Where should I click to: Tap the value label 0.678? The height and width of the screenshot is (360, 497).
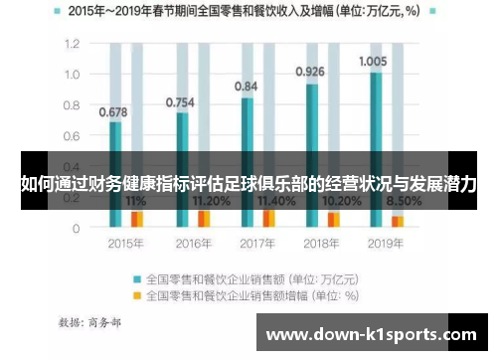tap(113, 110)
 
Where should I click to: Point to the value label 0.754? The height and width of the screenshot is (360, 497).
tap(179, 101)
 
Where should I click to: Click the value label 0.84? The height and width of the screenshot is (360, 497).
tap(246, 87)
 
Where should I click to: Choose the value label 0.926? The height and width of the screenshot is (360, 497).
tap(310, 72)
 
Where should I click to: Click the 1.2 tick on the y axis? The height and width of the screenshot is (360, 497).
tap(72, 45)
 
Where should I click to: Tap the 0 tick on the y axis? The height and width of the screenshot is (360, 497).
tap(77, 228)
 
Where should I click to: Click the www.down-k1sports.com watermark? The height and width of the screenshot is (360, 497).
tap(372, 335)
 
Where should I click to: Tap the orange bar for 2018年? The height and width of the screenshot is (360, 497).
tap(334, 219)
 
